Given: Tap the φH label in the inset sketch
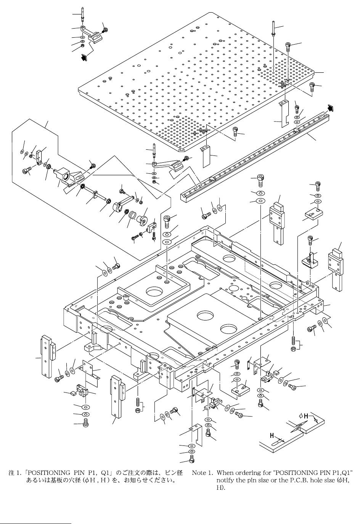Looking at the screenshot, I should pyautogui.click(x=304, y=416).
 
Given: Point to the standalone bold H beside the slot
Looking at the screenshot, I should pyautogui.click(x=273, y=435).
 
